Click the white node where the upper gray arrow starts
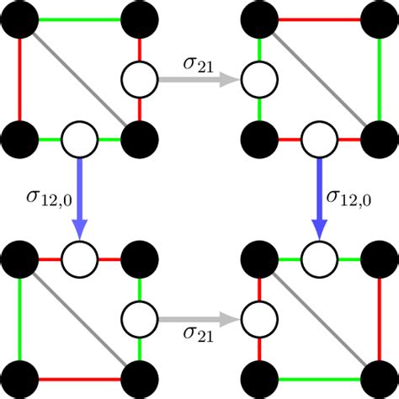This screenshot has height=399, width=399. (139, 81)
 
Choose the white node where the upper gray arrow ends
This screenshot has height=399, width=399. (258, 81)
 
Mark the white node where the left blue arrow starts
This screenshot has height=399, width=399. (80, 138)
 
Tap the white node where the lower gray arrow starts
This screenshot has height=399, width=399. (139, 319)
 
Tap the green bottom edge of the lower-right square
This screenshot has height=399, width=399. (316, 376)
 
